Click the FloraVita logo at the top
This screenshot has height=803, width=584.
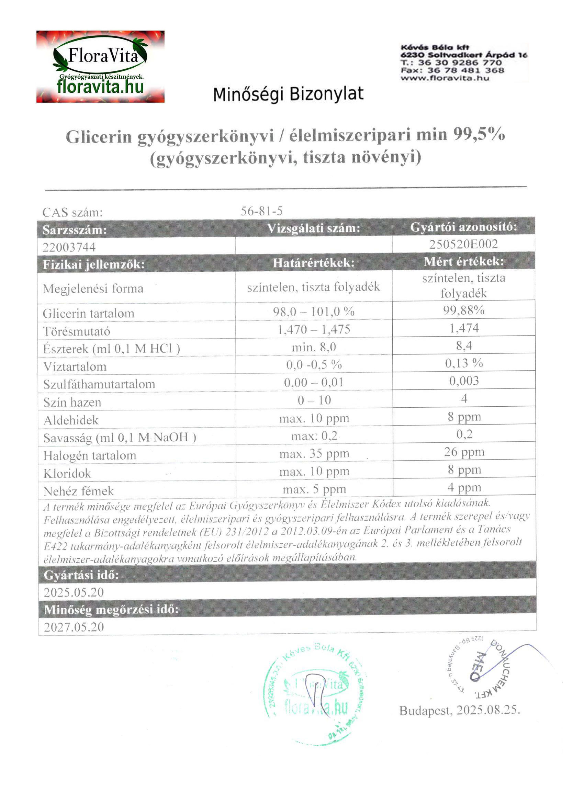100,67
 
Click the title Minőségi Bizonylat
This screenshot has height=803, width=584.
288,94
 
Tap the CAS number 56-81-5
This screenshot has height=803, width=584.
261,211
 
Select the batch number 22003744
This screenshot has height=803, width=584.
69,247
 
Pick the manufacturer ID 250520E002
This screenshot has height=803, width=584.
463,244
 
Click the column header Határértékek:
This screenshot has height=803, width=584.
313,263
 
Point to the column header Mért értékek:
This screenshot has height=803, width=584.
463,261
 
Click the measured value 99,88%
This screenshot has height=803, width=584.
463,310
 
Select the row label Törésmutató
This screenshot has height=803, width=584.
77,331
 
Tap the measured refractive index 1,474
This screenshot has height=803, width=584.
463,328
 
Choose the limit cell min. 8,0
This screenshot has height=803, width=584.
314,347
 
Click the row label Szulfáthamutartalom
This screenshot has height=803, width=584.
99,384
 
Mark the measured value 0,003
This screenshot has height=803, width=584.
463,381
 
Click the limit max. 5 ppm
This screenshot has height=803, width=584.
314,489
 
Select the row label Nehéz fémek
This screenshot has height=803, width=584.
79,491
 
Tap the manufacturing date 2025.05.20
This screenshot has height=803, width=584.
74,592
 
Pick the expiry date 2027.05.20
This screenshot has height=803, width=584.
74,627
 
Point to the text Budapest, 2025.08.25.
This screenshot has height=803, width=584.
459,710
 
